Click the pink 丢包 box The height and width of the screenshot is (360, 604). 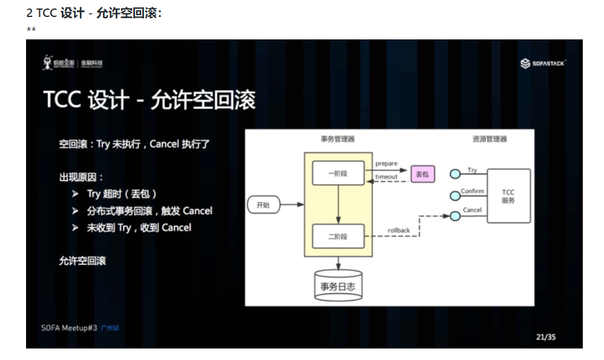click(422, 175)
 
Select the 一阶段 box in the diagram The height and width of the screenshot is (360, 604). click(337, 173)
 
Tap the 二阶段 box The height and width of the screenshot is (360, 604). click(337, 236)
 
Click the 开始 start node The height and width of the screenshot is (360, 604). click(264, 205)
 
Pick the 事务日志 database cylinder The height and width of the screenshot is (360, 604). click(338, 285)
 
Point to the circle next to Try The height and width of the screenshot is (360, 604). click(455, 175)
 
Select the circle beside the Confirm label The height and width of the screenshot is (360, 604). click(455, 195)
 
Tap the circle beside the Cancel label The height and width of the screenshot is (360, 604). click(455, 215)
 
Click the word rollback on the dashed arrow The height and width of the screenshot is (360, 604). click(399, 230)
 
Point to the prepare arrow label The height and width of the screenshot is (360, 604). click(387, 164)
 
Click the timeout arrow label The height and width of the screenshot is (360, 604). click(387, 177)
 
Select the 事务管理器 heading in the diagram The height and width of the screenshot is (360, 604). click(337, 139)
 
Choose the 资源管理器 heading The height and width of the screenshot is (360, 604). click(490, 139)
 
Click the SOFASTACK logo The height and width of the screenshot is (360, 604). click(543, 63)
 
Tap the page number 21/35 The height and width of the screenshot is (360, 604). click(545, 337)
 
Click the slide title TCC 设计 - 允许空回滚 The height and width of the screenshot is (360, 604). click(149, 100)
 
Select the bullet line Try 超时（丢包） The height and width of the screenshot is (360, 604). click(122, 194)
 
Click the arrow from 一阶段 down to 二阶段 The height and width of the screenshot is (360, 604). click(338, 204)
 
